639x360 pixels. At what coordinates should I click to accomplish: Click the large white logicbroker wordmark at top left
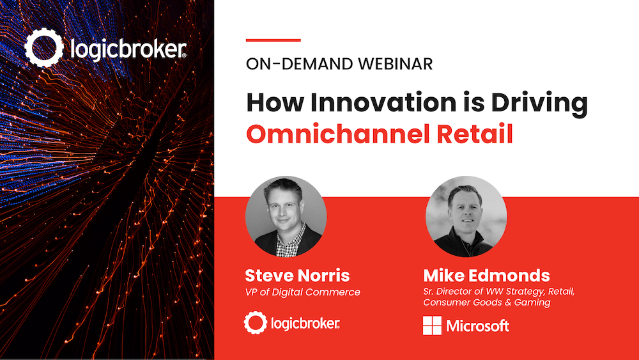[129, 49]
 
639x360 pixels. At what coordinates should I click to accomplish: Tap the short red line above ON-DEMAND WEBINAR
[273, 40]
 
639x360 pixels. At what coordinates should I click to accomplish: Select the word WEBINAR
[396, 64]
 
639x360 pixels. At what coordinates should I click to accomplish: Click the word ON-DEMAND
[300, 64]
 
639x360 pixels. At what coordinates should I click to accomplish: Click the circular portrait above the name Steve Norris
[286, 217]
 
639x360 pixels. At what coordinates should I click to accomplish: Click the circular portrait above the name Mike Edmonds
[466, 217]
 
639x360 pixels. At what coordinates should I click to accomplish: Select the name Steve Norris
[297, 276]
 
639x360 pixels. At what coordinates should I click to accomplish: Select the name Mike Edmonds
[486, 276]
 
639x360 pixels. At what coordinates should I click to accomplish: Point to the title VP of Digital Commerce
[302, 292]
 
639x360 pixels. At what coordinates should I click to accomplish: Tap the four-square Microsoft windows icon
[432, 325]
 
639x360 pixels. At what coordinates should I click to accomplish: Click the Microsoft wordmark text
[477, 325]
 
